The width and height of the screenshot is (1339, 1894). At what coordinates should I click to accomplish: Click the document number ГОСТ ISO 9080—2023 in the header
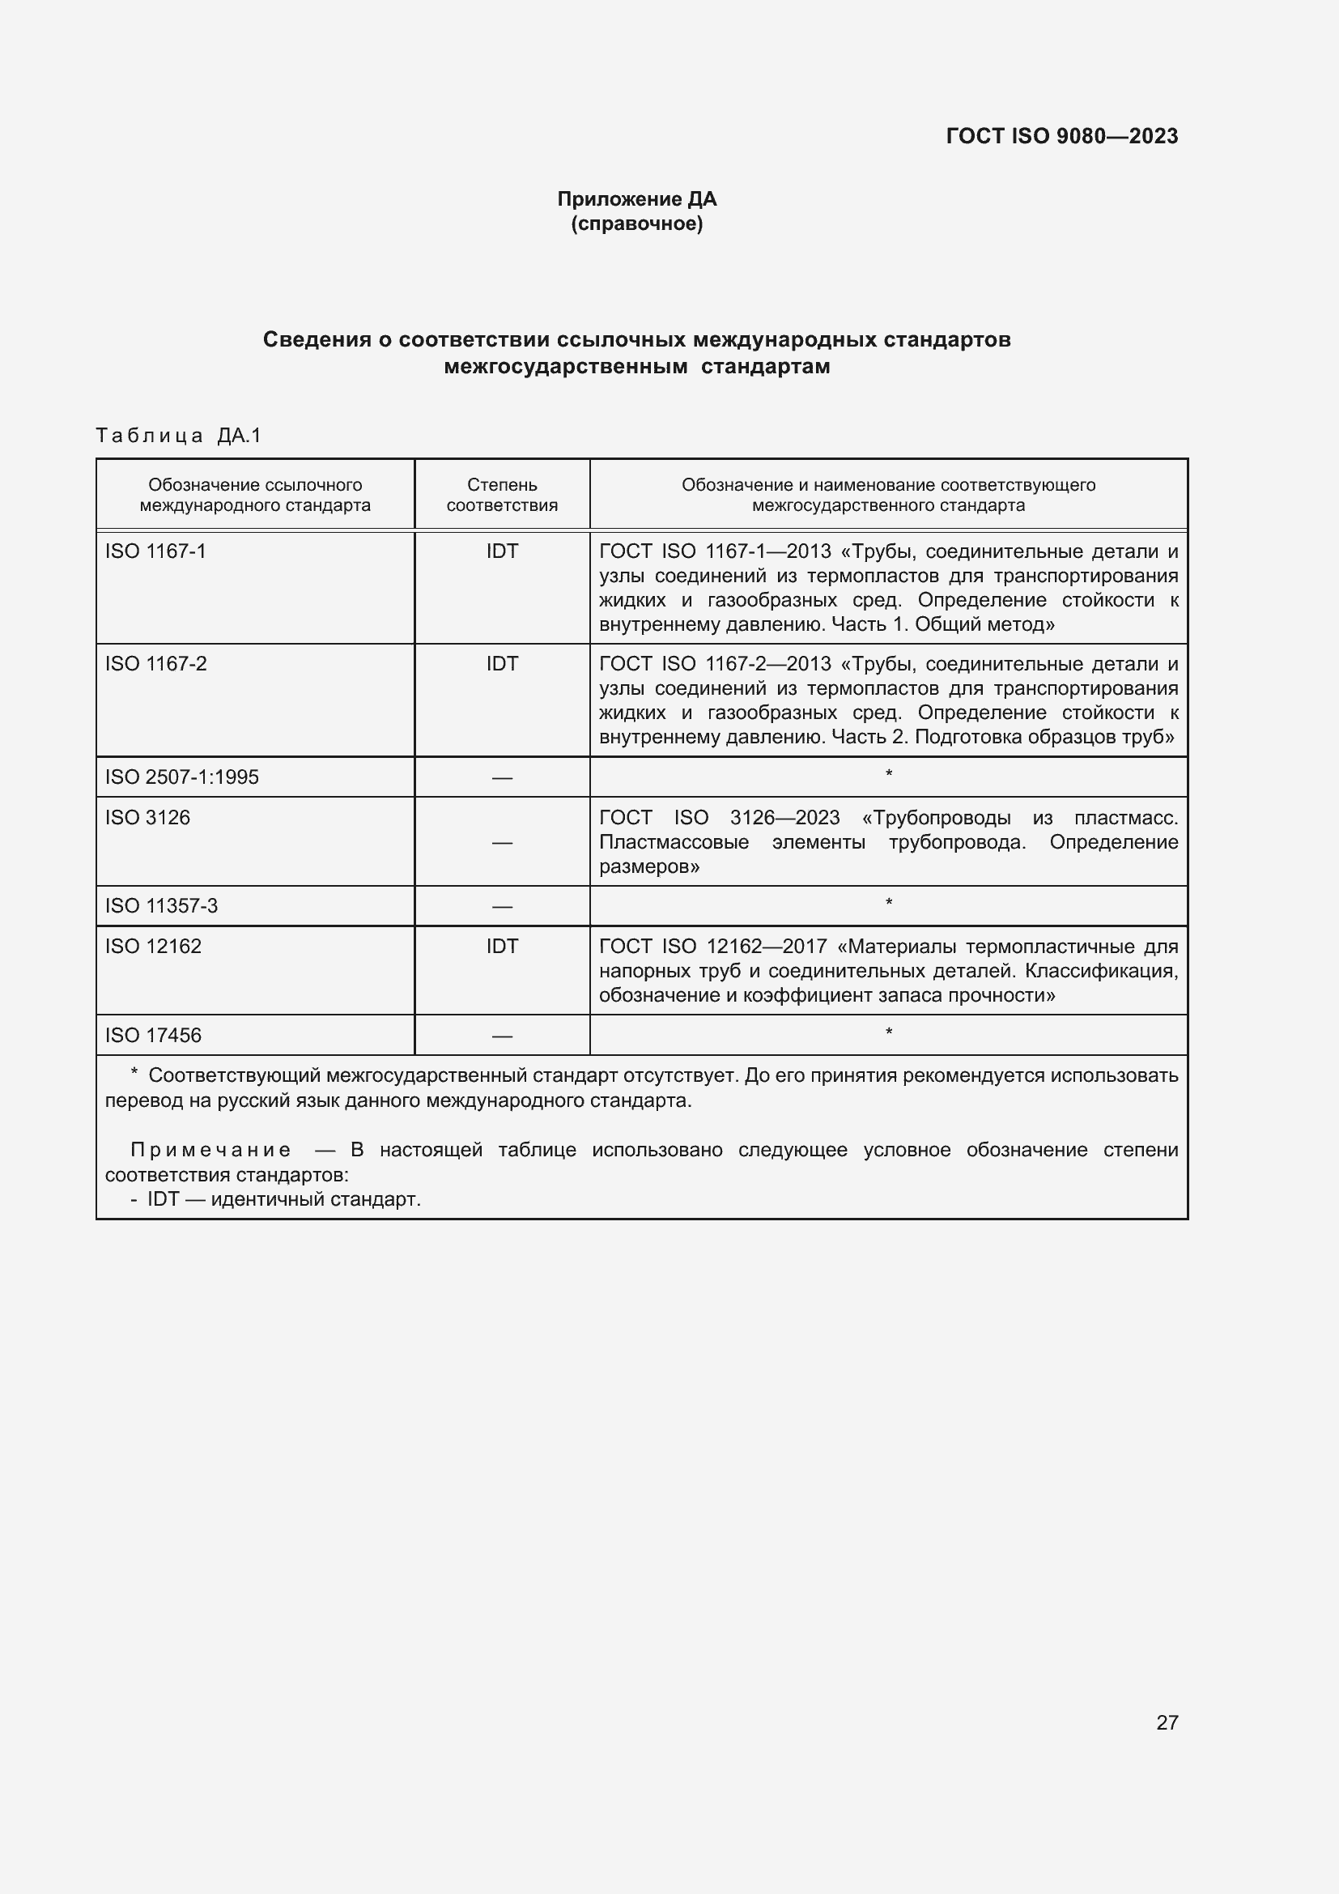1061,136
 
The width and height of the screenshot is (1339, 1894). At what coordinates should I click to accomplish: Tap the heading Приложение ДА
636,199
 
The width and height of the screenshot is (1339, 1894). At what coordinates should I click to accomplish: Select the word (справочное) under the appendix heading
636,223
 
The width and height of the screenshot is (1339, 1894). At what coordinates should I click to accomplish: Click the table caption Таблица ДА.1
178,436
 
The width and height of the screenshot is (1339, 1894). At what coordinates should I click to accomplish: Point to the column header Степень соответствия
501,495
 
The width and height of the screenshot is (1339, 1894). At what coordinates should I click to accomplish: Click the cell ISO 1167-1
155,551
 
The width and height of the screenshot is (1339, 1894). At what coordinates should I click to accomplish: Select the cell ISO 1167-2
155,663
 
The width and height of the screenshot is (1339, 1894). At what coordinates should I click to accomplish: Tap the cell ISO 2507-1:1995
181,777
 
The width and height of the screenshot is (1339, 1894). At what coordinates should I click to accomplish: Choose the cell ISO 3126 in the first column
147,818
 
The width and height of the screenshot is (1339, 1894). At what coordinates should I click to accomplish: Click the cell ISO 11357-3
161,906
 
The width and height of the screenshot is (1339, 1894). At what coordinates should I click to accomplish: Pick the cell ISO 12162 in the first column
152,946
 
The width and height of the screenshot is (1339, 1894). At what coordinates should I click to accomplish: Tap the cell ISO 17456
152,1036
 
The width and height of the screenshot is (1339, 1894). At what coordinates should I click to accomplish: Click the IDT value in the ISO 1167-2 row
501,663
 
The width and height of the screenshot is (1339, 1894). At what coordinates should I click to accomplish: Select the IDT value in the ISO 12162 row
501,946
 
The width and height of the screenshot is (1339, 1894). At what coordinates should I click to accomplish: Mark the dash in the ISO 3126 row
501,842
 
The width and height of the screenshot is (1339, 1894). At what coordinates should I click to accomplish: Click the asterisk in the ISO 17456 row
888,1032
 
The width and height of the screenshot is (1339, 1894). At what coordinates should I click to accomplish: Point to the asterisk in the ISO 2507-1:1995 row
888,774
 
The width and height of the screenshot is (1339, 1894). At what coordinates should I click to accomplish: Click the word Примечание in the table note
210,1150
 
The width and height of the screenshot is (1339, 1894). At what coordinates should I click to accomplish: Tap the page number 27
1167,1722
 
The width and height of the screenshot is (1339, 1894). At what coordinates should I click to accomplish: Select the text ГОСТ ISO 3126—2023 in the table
719,818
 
